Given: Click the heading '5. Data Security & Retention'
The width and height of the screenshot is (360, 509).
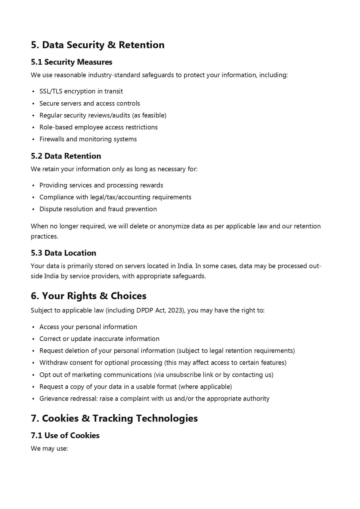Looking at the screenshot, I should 97,45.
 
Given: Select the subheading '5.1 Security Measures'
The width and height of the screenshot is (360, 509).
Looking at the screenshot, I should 71,62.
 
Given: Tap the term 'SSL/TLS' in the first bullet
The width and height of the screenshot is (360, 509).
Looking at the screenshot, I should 51,91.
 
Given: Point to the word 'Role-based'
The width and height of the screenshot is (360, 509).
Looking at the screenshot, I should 56,127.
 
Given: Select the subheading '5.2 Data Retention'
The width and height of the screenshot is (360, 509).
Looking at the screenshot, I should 66,156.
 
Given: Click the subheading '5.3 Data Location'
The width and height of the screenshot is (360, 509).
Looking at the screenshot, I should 63,253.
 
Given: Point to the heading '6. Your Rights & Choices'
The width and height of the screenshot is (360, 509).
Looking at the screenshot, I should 88,296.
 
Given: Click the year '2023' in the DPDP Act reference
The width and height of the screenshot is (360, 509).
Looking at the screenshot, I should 175,311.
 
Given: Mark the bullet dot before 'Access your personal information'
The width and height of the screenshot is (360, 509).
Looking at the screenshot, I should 33,327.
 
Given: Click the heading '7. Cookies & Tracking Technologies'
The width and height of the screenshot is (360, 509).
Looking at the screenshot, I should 114,418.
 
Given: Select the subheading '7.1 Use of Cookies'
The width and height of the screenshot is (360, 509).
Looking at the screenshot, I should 65,436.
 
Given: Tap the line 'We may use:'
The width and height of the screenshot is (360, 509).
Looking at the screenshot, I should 49,449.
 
